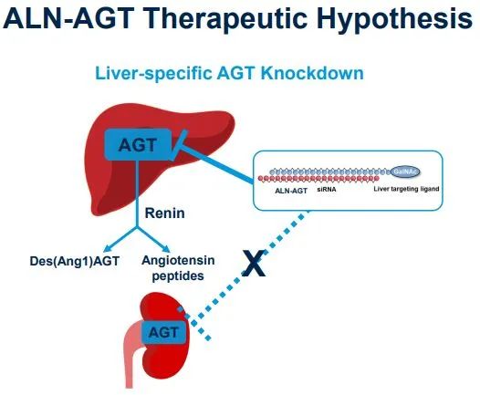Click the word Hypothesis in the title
pos(395,19)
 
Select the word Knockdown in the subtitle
pos(312,73)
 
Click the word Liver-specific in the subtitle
pos(153,73)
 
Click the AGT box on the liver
pos(138,144)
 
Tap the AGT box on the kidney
pos(163,332)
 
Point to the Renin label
pos(164,213)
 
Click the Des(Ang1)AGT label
pos(75,261)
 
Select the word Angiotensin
pos(178,260)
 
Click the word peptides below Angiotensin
pos(178,276)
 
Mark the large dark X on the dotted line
pos(254,263)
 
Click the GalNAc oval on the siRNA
pos(405,172)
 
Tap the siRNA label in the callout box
pos(327,190)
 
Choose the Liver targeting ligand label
pos(406,189)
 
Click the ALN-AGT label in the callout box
pos(291,191)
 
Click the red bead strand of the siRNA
pos(318,178)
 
